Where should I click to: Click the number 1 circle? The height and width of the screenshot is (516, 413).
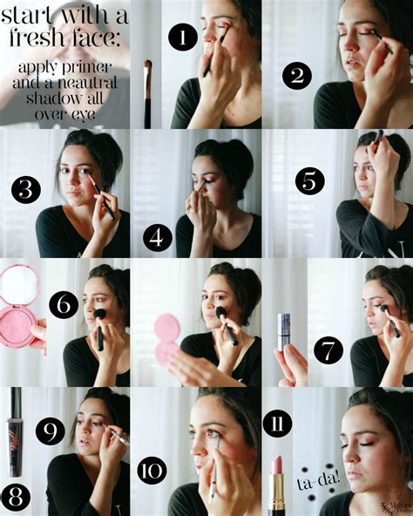point(181,37)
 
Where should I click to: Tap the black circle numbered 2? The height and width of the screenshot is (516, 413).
point(297,77)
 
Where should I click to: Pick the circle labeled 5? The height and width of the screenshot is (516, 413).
point(309,182)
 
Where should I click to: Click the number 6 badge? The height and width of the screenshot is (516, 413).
point(64,305)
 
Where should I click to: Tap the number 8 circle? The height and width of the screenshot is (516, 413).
point(17,496)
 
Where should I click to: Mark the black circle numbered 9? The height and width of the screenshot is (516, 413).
point(51,431)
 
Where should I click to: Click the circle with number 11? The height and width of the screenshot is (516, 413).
point(278,427)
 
